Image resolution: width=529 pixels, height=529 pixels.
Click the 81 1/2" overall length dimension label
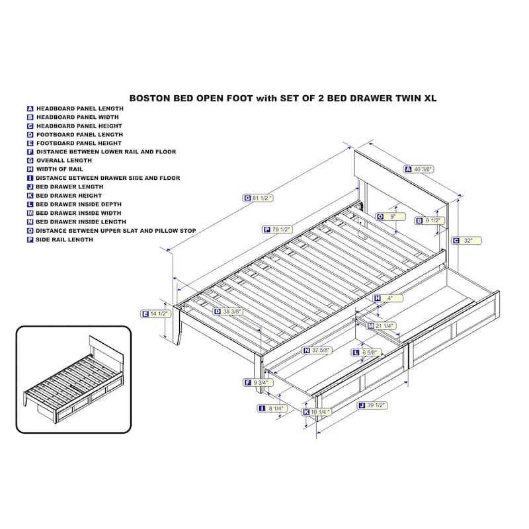click(x=258, y=198)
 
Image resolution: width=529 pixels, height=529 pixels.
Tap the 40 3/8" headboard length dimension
click(x=419, y=169)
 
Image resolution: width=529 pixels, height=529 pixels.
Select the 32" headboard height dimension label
click(x=467, y=241)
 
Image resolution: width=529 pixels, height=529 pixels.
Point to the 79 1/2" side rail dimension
click(x=277, y=229)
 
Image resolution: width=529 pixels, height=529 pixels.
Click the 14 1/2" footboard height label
click(x=155, y=313)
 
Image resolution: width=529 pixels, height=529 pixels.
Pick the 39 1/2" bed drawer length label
click(x=372, y=405)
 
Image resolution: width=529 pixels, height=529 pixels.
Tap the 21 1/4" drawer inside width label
click(x=382, y=326)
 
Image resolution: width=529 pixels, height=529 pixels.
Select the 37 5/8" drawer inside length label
click(x=317, y=350)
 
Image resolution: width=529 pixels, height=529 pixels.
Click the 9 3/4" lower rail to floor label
click(x=258, y=383)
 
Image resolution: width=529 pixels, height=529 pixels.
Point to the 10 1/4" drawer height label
click(x=316, y=412)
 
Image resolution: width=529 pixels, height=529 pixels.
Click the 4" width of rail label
click(x=387, y=298)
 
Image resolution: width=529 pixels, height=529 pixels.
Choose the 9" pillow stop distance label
click(x=391, y=216)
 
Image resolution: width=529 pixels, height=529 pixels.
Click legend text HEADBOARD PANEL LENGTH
click(x=80, y=108)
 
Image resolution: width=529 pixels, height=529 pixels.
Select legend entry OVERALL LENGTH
click(x=64, y=161)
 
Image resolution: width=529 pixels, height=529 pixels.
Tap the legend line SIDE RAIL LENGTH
click(x=64, y=240)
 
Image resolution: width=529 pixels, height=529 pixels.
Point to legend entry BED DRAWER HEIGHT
click(x=69, y=196)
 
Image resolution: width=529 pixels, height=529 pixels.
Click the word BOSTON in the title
click(x=150, y=98)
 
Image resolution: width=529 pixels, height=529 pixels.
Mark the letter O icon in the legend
click(x=30, y=231)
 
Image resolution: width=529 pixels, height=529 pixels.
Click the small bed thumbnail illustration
click(x=73, y=380)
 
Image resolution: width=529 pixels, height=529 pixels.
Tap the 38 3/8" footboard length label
click(x=227, y=311)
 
